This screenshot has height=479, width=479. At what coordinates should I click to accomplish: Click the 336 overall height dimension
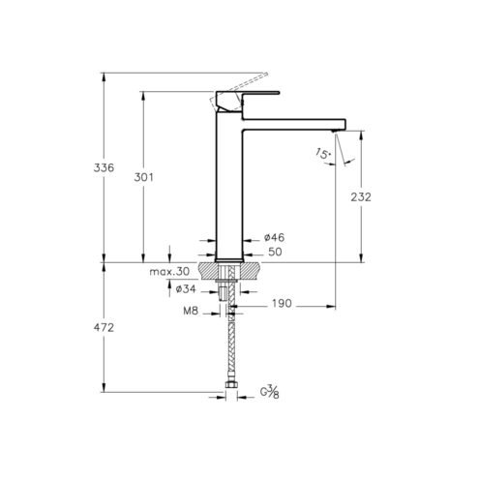point(104,168)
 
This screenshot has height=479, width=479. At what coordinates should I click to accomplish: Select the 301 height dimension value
point(143,177)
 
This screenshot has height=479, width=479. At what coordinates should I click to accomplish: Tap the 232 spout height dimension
point(361,197)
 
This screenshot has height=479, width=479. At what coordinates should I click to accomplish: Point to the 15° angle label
point(323,153)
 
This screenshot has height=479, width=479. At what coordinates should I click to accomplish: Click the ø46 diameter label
point(274,238)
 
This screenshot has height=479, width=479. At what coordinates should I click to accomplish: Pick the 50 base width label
point(275,252)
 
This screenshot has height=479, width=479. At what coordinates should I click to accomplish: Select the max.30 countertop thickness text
point(169,272)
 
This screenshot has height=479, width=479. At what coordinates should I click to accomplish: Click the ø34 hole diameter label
point(186,289)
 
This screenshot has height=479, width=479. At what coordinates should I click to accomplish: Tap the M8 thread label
point(191,311)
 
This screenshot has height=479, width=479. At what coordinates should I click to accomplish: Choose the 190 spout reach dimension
point(282,304)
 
